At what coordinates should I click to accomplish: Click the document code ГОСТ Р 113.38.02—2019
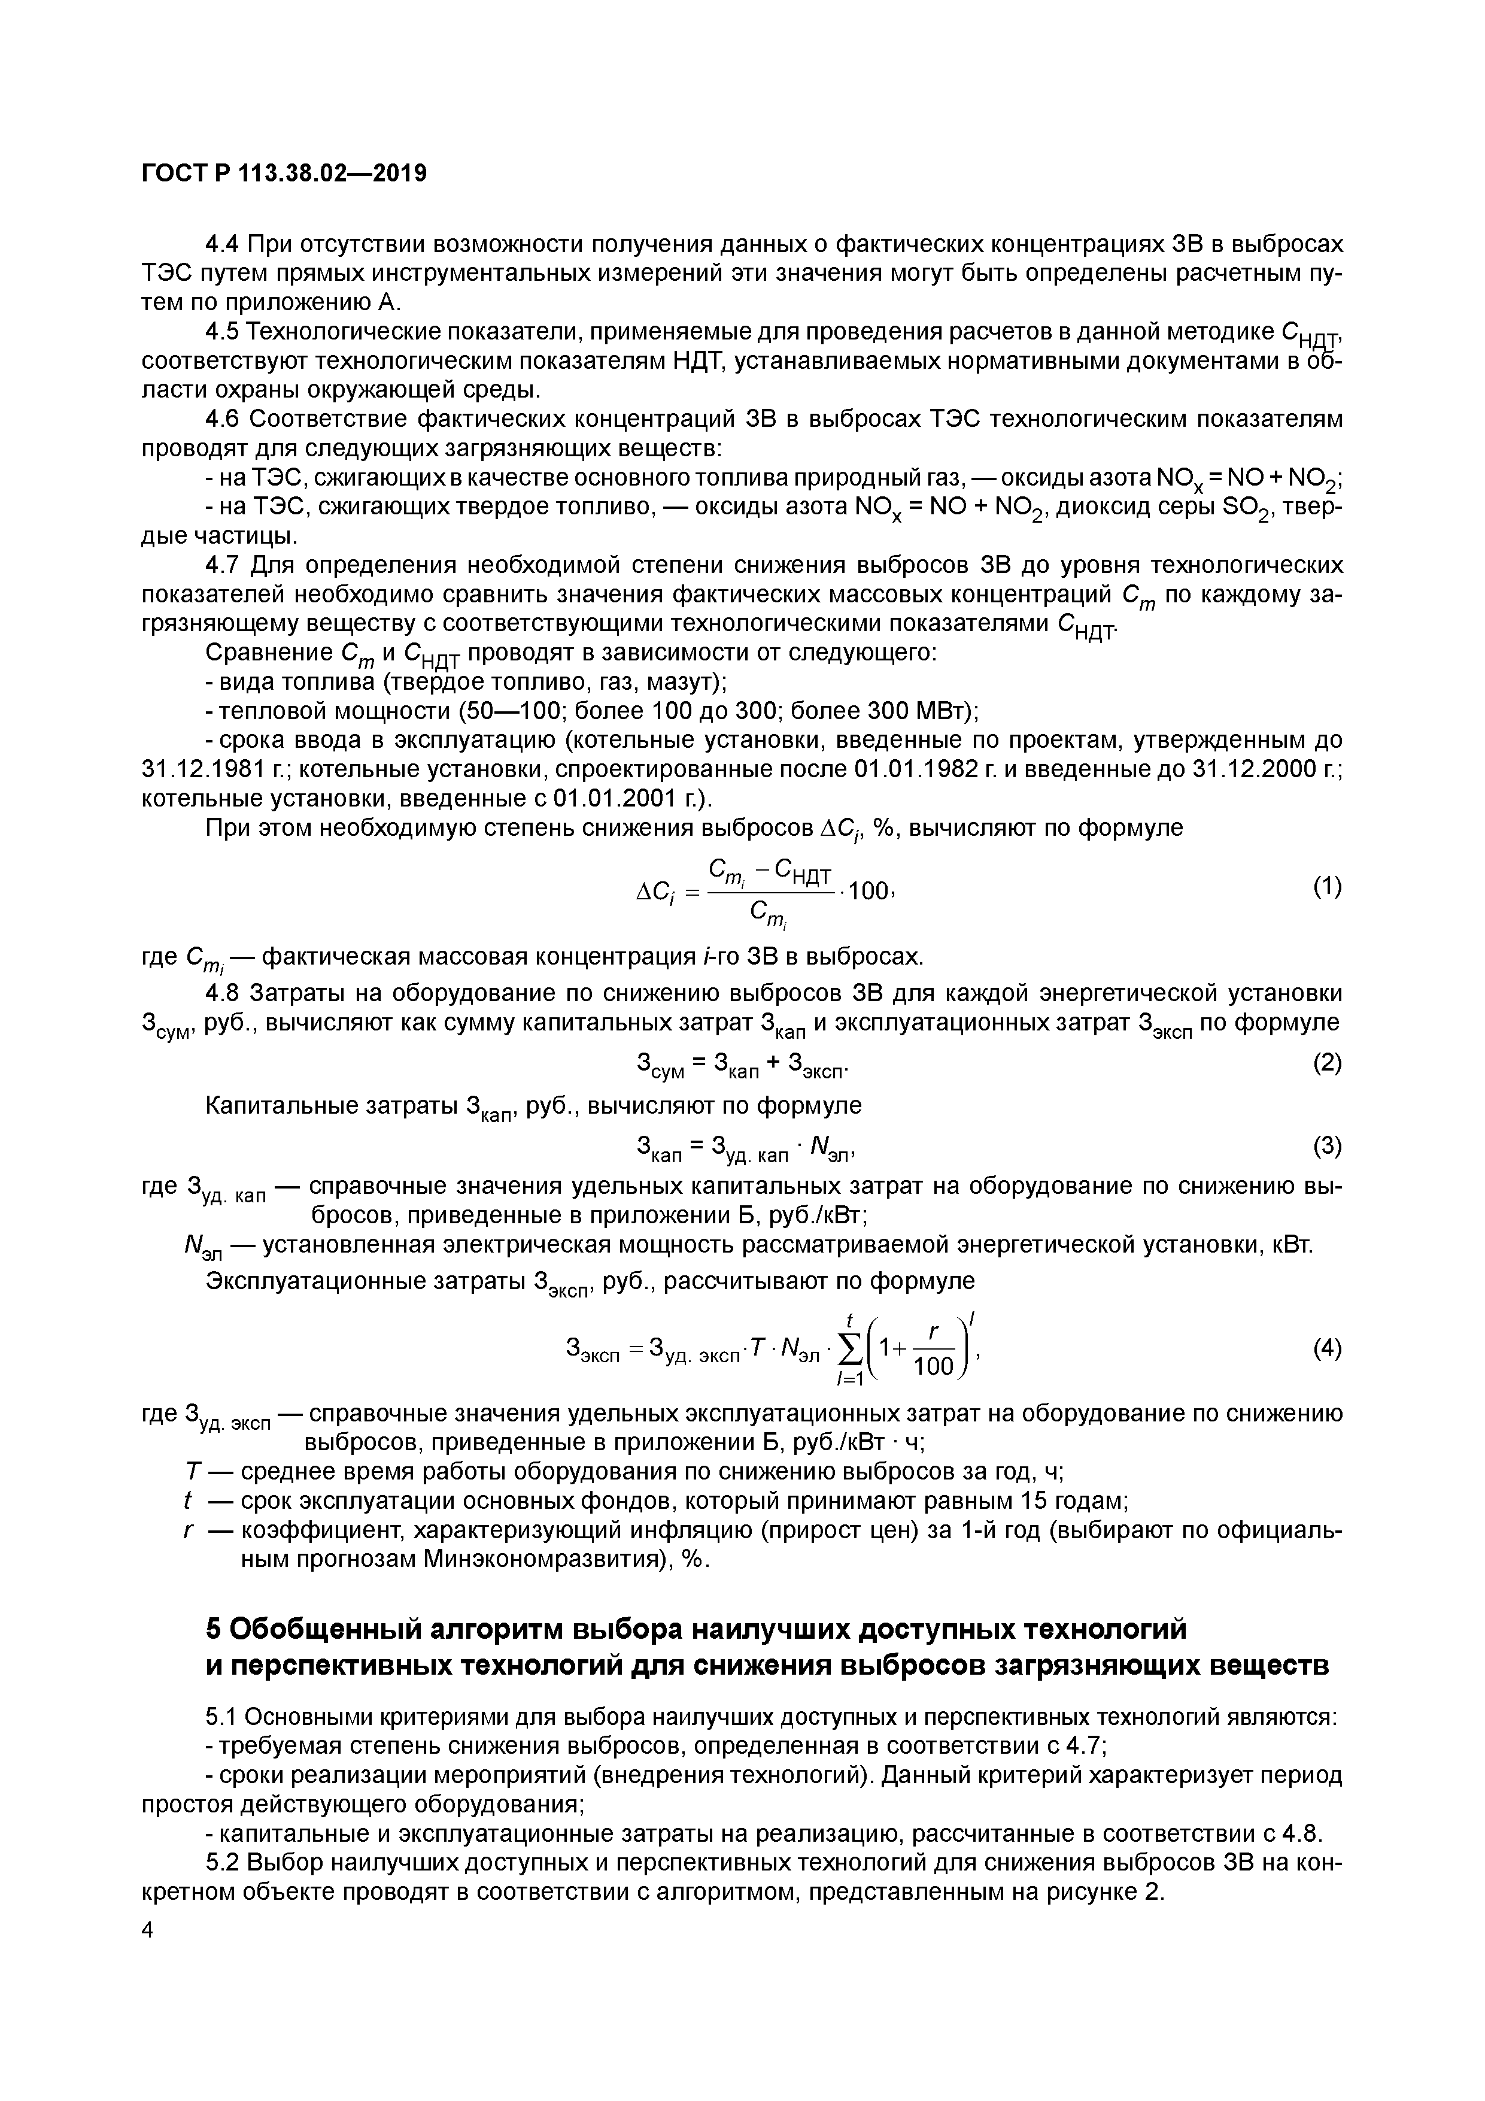click(x=284, y=173)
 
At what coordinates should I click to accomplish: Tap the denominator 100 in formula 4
click(x=933, y=1366)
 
